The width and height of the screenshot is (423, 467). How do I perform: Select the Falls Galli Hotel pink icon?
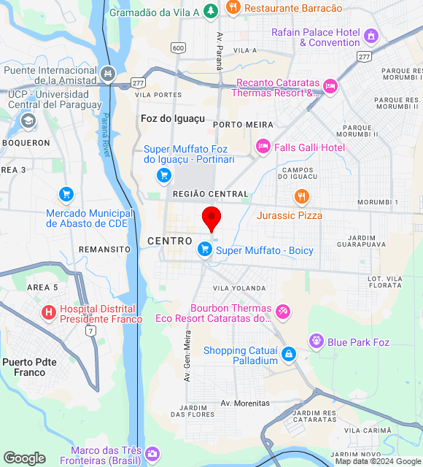(263, 147)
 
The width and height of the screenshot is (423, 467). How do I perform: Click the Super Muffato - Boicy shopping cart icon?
(205, 250)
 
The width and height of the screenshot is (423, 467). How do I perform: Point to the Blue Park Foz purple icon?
(316, 341)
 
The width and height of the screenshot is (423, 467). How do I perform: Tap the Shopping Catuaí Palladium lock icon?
(289, 354)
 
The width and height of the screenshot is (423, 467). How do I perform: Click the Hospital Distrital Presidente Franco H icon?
(49, 313)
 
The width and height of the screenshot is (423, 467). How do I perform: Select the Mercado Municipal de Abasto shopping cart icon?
(66, 194)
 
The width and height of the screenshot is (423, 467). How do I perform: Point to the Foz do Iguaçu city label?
(173, 117)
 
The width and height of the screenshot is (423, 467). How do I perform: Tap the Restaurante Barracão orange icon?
(233, 8)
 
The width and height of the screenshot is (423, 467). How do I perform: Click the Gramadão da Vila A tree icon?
(210, 11)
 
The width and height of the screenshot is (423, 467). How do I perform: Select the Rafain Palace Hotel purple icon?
(372, 36)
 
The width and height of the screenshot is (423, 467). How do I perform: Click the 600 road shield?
(178, 47)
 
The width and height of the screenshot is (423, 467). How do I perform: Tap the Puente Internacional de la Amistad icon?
(108, 73)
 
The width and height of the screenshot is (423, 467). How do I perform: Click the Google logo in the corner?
(23, 458)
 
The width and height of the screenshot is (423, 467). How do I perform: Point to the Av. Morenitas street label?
(245, 403)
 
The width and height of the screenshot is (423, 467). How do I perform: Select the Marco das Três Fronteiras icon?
(152, 455)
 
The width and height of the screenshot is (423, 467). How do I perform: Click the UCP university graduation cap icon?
(28, 120)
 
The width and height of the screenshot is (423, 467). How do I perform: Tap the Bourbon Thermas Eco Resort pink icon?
(282, 312)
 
